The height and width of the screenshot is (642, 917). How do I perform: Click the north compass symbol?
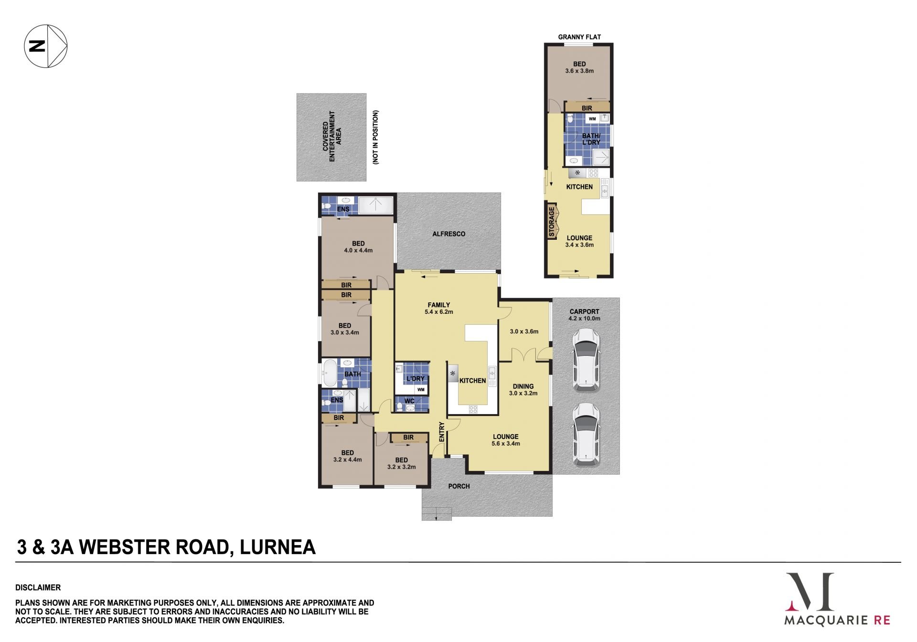pyautogui.click(x=46, y=46)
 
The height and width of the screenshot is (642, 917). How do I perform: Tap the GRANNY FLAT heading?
pyautogui.click(x=579, y=37)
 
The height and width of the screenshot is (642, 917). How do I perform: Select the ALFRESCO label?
pyautogui.click(x=448, y=234)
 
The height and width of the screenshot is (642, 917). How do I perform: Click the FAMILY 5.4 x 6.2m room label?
pyautogui.click(x=439, y=308)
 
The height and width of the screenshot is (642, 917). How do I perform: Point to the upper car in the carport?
pyautogui.click(x=586, y=360)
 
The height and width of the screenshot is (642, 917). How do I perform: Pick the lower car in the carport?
pyautogui.click(x=586, y=434)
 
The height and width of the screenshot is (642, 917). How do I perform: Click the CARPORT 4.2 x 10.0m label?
pyautogui.click(x=584, y=315)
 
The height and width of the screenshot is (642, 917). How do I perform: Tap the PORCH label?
pyautogui.click(x=459, y=486)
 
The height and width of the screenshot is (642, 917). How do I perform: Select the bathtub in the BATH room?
pyautogui.click(x=329, y=374)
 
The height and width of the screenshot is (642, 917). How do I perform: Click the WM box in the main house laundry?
pyautogui.click(x=421, y=389)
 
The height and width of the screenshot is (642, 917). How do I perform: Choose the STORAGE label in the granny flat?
pyautogui.click(x=552, y=222)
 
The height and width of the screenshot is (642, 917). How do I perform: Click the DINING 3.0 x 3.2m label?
pyautogui.click(x=523, y=390)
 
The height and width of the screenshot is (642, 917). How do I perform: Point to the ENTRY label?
pyautogui.click(x=442, y=432)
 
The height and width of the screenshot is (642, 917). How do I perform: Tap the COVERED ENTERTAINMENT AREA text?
pyautogui.click(x=332, y=138)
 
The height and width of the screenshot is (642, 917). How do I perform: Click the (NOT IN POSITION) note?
pyautogui.click(x=375, y=138)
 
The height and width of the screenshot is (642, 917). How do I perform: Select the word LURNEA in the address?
pyautogui.click(x=277, y=547)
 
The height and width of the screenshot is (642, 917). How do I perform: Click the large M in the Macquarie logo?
pyautogui.click(x=810, y=592)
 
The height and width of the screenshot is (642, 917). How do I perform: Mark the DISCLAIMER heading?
pyautogui.click(x=38, y=588)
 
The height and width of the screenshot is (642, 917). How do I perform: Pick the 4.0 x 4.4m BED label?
pyautogui.click(x=358, y=247)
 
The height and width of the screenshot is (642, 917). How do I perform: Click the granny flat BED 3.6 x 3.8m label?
pyautogui.click(x=579, y=67)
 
